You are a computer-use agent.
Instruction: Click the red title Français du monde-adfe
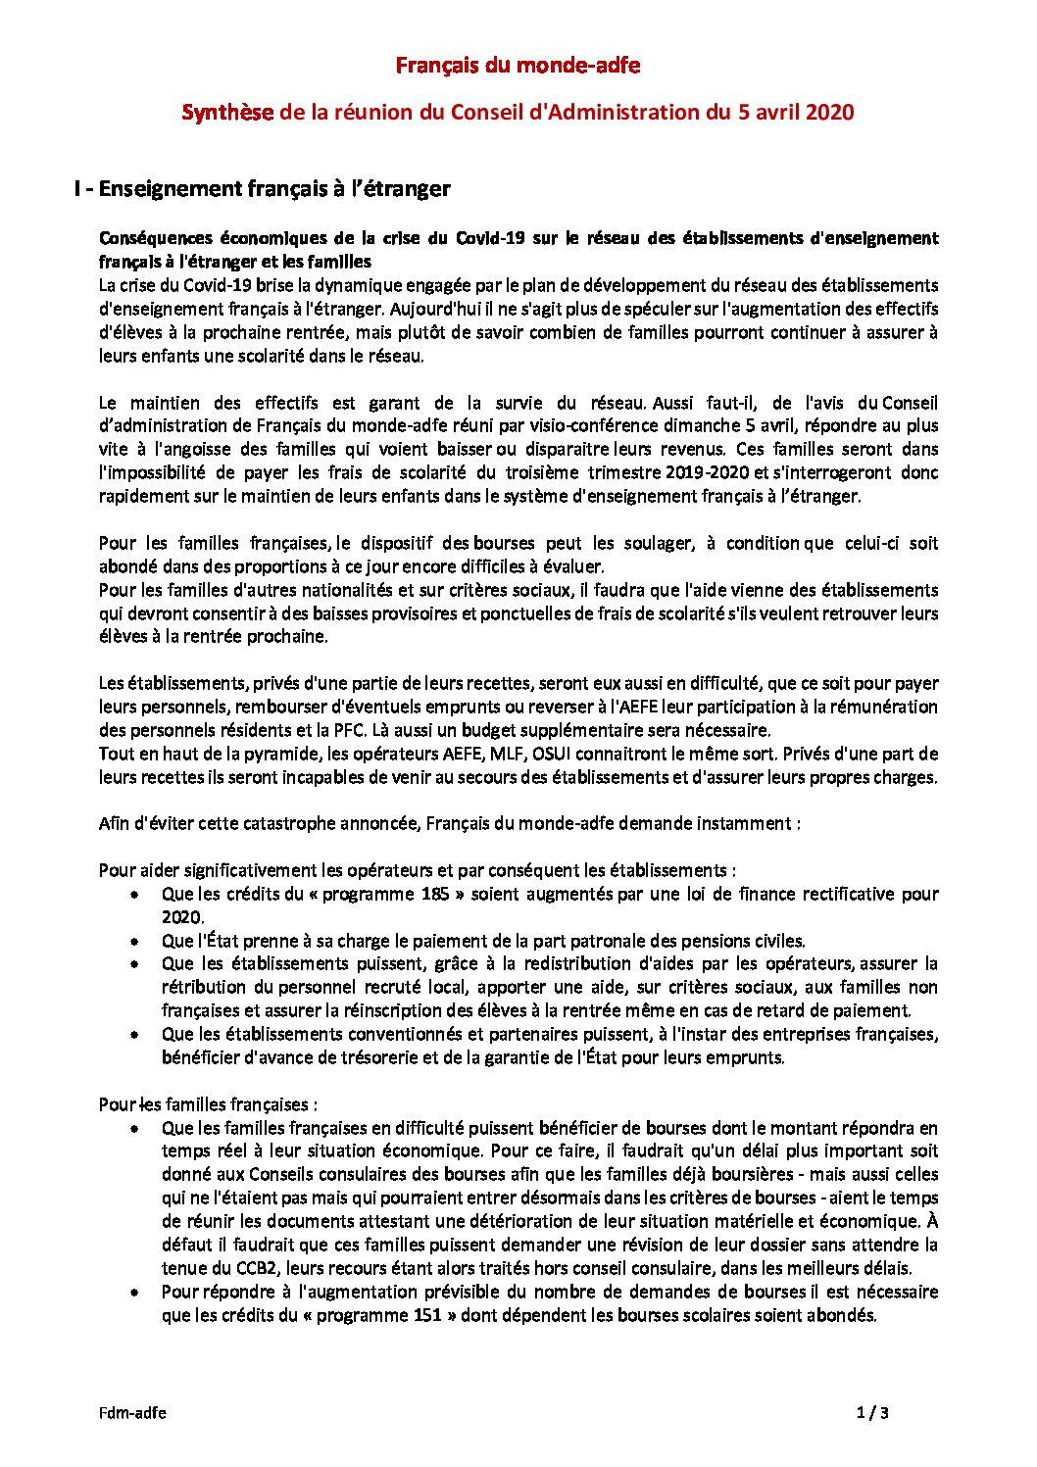coord(518,66)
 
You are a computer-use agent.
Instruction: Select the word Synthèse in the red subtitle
coord(226,113)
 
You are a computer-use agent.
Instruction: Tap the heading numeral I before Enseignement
coord(76,189)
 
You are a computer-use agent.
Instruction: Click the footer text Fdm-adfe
coord(132,1413)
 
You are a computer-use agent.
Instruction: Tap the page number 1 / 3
coord(872,1413)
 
